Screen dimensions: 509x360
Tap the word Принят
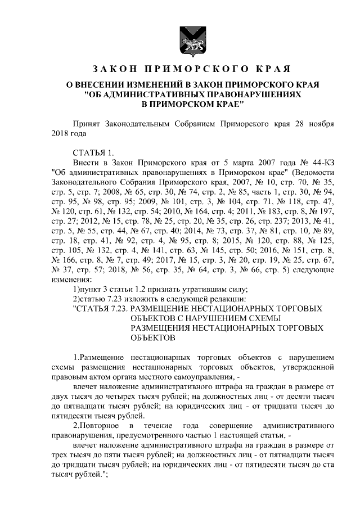pos(90,124)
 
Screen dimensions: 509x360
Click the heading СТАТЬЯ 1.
pos(93,152)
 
